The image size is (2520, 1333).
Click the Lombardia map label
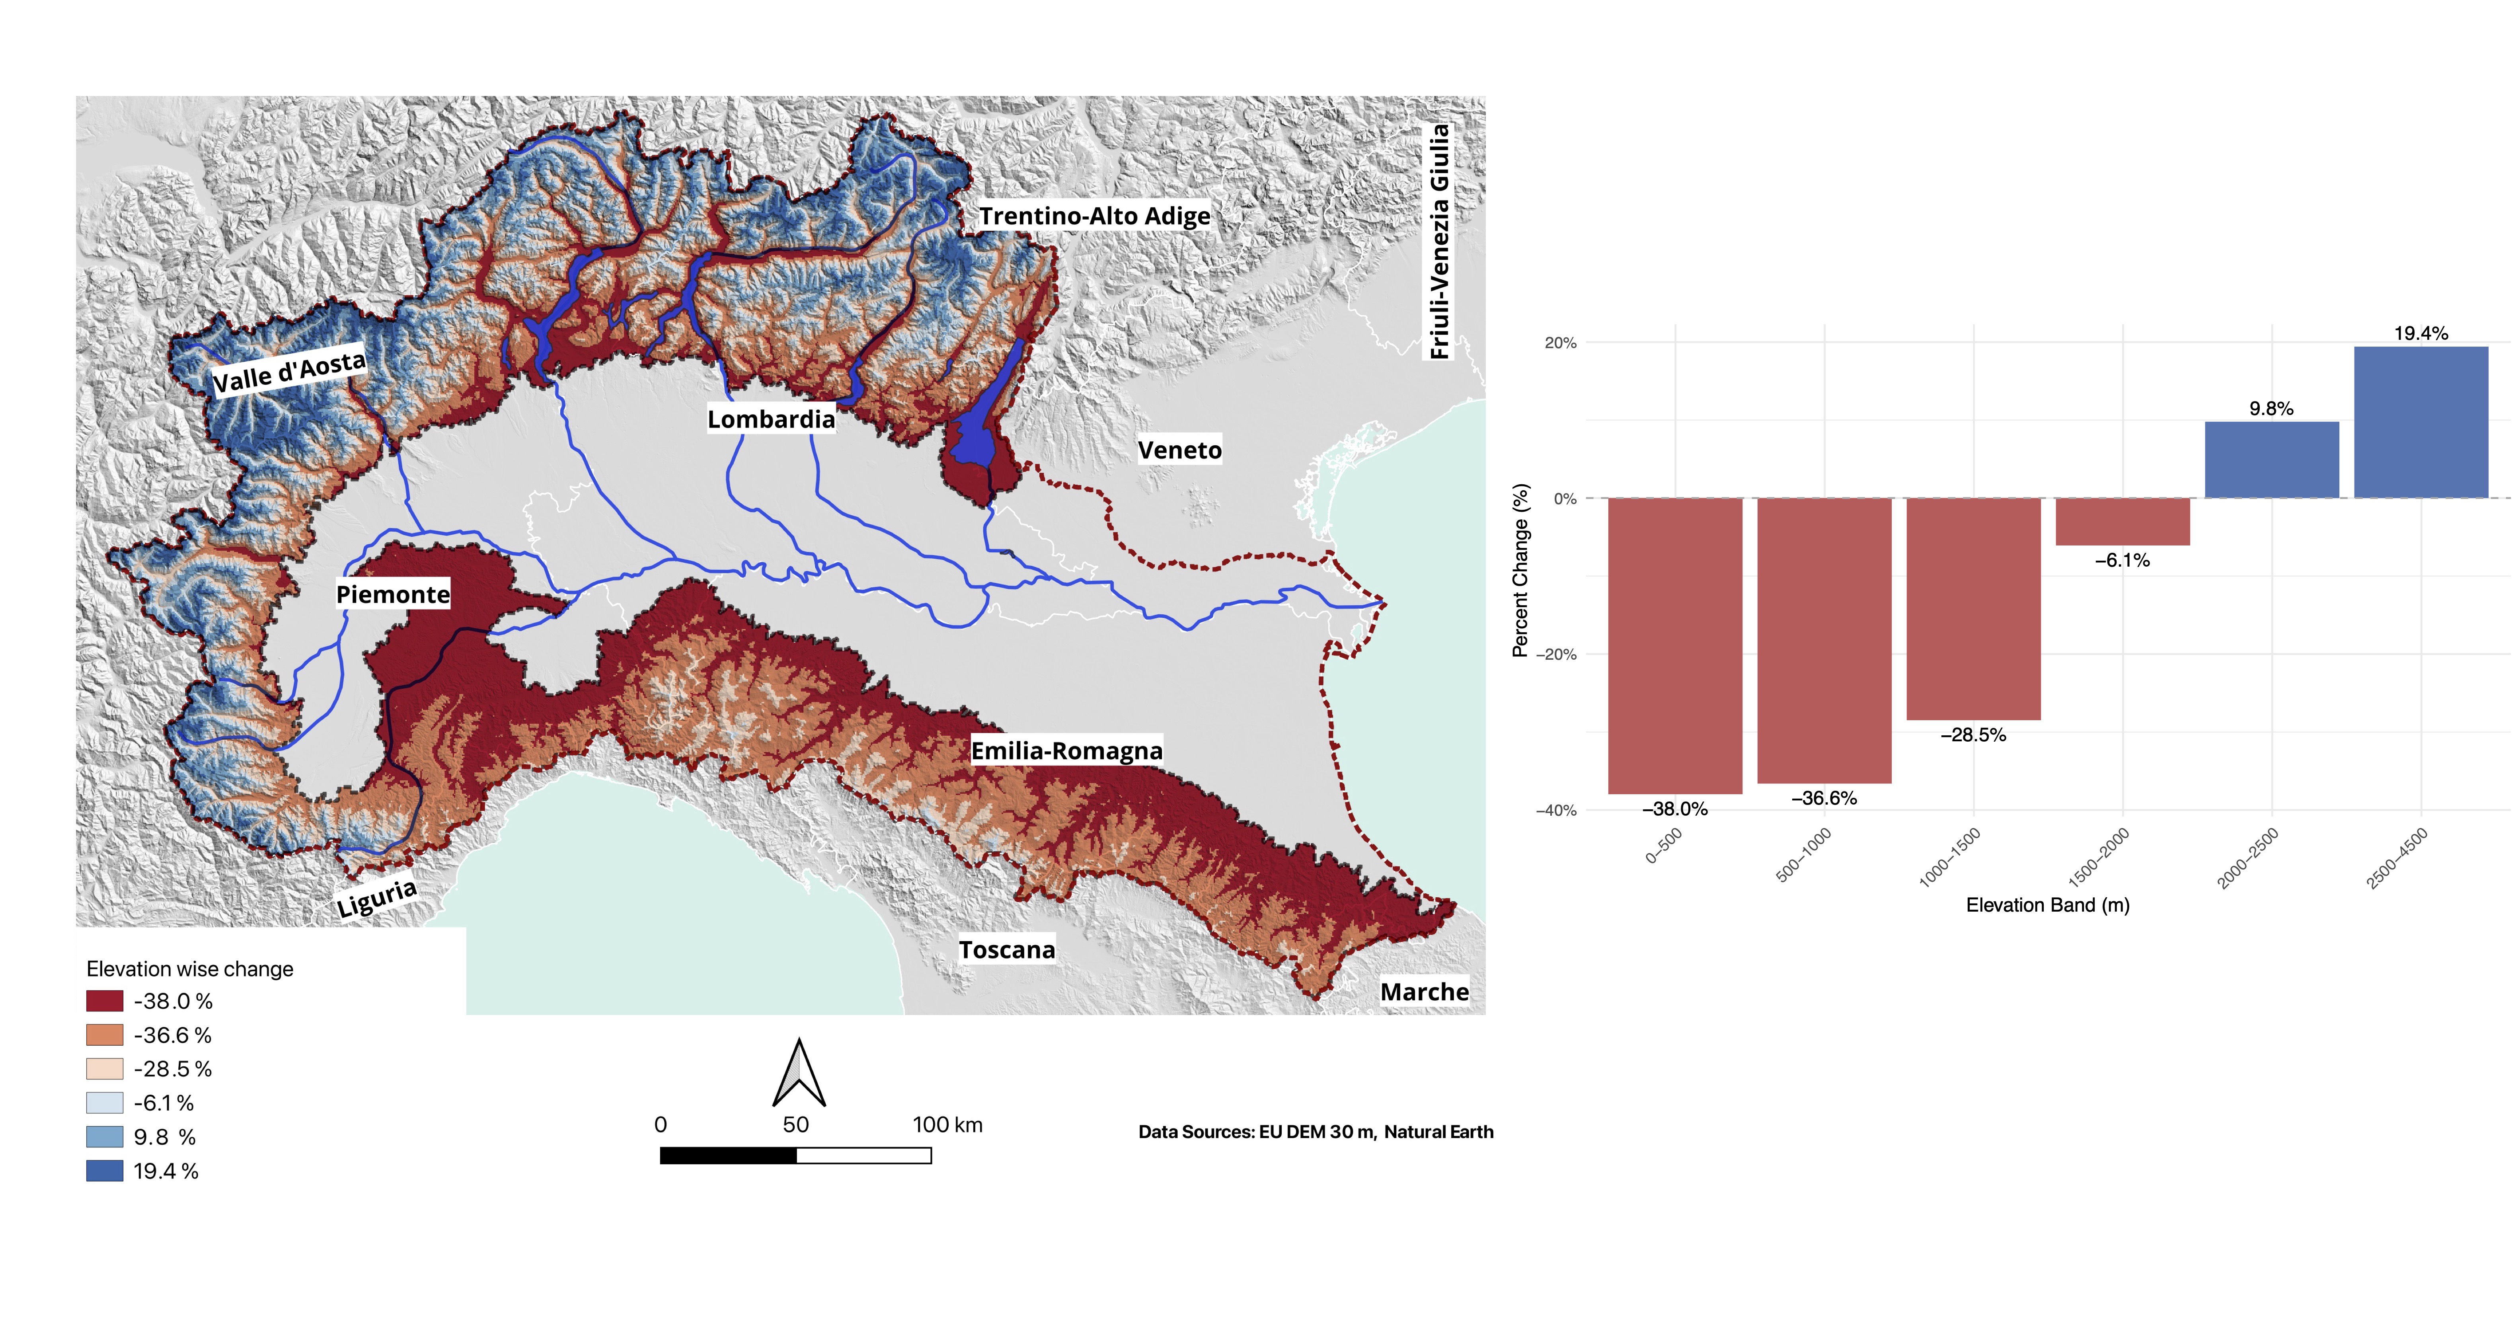(x=771, y=419)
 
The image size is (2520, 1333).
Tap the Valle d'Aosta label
(x=288, y=372)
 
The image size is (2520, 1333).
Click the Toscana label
(x=1007, y=950)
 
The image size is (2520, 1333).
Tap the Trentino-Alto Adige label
(x=1095, y=216)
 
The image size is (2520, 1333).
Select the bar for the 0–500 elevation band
(x=1675, y=645)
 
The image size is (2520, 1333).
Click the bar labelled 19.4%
(x=2420, y=423)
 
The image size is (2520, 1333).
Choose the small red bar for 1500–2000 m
(x=2122, y=521)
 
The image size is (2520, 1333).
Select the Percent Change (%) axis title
(x=1520, y=570)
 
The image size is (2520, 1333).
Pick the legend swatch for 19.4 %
(x=105, y=1171)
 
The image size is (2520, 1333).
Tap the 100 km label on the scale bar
(x=947, y=1124)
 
